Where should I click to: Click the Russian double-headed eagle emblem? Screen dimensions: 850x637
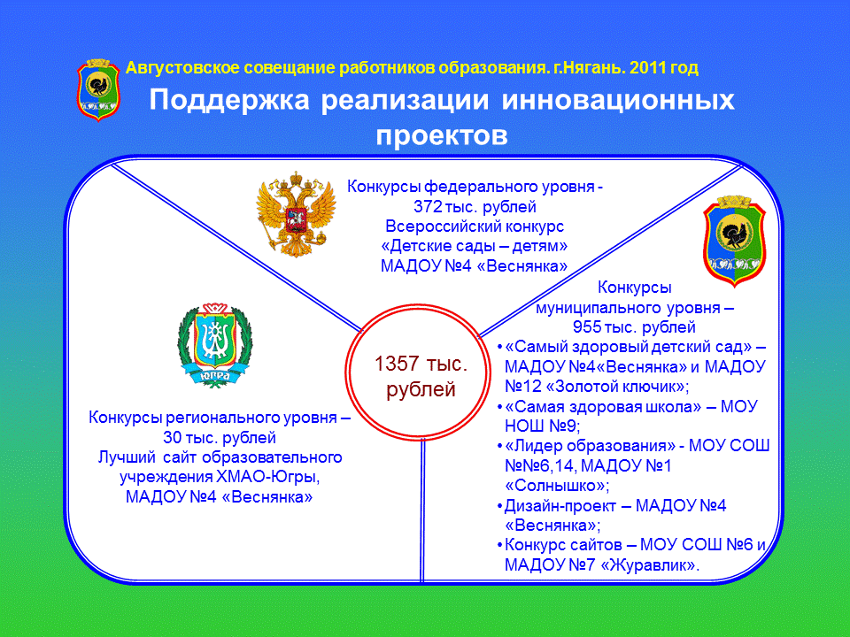point(296,214)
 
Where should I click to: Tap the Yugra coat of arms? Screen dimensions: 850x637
point(214,345)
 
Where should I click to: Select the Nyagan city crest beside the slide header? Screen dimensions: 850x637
point(98,90)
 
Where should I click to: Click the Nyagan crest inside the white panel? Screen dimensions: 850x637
point(735,241)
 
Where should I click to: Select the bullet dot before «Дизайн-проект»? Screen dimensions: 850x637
point(499,507)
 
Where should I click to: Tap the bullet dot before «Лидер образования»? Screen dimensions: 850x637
point(499,447)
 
